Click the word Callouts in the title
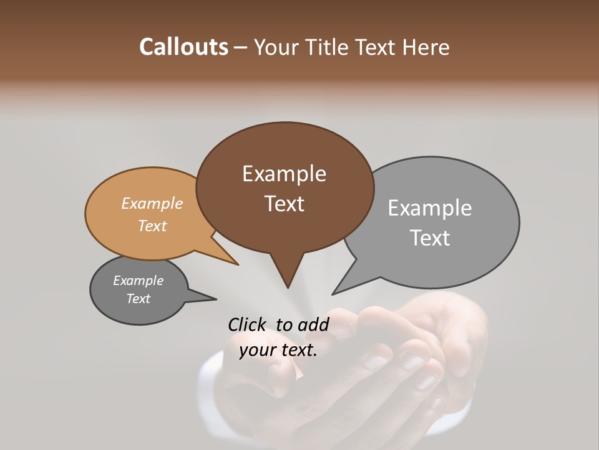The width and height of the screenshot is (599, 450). click(x=183, y=47)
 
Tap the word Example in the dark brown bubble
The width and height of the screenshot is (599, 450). click(x=284, y=174)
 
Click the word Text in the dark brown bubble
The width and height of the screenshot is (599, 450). click(x=284, y=204)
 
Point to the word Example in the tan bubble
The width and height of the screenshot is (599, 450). click(x=152, y=203)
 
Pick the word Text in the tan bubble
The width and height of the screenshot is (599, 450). click(x=152, y=226)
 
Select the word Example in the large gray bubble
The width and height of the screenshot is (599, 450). click(x=430, y=208)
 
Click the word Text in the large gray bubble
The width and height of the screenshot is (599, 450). click(x=430, y=238)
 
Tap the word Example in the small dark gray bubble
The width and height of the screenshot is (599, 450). click(x=139, y=281)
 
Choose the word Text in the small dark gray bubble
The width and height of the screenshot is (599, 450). click(x=139, y=299)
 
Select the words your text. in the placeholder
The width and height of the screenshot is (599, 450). click(x=278, y=350)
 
